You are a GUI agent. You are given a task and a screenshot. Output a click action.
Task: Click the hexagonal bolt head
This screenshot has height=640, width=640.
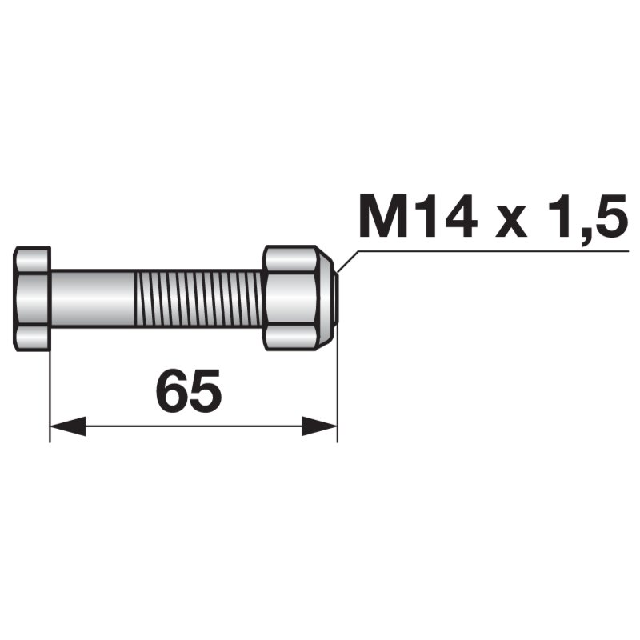tap(32, 298)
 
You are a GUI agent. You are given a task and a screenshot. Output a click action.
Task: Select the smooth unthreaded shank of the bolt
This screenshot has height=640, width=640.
tap(92, 298)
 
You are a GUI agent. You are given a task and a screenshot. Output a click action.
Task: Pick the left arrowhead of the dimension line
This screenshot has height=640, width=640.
tap(67, 426)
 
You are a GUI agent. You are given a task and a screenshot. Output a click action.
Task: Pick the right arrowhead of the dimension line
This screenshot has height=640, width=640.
tap(319, 426)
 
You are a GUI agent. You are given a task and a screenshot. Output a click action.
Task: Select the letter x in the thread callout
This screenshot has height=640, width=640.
tap(511, 222)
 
